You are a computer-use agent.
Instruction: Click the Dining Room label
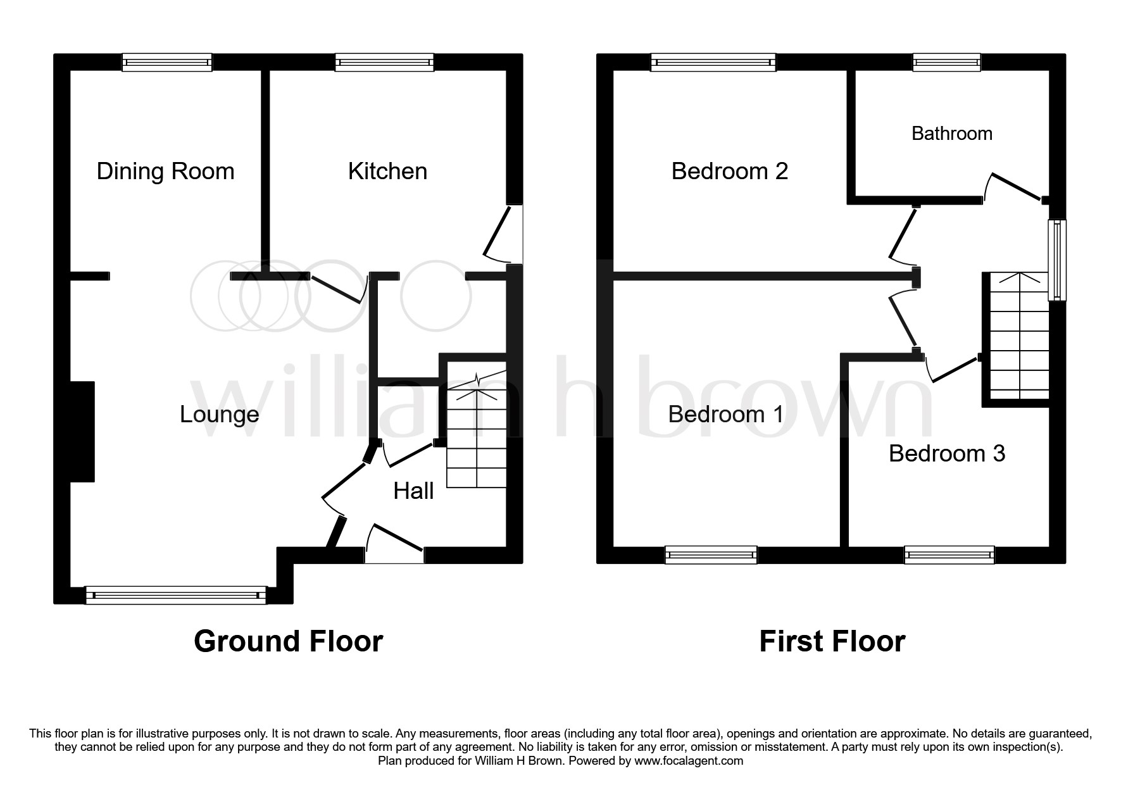[165, 172]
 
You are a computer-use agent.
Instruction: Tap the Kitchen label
[387, 172]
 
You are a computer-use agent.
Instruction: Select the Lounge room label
[220, 415]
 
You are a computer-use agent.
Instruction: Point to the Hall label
[413, 491]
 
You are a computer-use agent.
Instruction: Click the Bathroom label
[951, 134]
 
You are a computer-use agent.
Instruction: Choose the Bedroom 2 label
[729, 172]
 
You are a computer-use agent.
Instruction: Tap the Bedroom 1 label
[725, 415]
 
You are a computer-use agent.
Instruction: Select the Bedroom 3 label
[947, 454]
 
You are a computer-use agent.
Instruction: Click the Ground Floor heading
[288, 641]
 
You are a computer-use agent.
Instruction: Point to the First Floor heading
[832, 641]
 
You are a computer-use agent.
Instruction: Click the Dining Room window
[167, 62]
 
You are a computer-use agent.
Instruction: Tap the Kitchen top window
[385, 62]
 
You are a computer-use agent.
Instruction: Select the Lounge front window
[176, 595]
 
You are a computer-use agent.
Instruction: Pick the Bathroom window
[946, 62]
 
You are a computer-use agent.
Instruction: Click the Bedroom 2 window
[713, 62]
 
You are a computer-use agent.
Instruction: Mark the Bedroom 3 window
[949, 555]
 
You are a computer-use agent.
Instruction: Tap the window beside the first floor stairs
[1057, 260]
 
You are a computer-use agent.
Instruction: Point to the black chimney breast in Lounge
[82, 432]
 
